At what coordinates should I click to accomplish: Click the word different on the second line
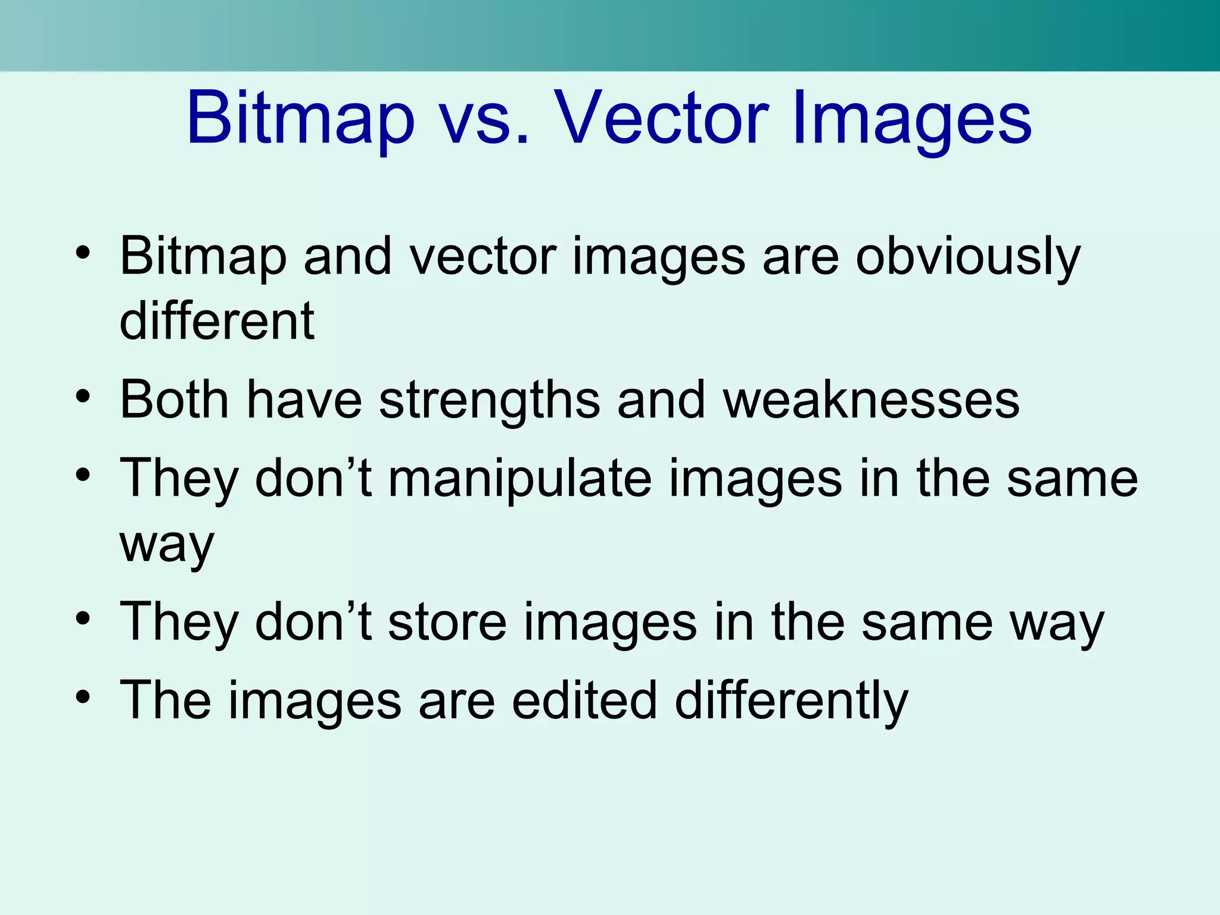217,321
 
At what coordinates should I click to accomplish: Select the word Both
174,400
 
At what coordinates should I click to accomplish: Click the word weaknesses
871,400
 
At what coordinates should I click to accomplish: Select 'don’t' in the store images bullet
313,622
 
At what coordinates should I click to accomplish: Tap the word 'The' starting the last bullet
166,701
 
